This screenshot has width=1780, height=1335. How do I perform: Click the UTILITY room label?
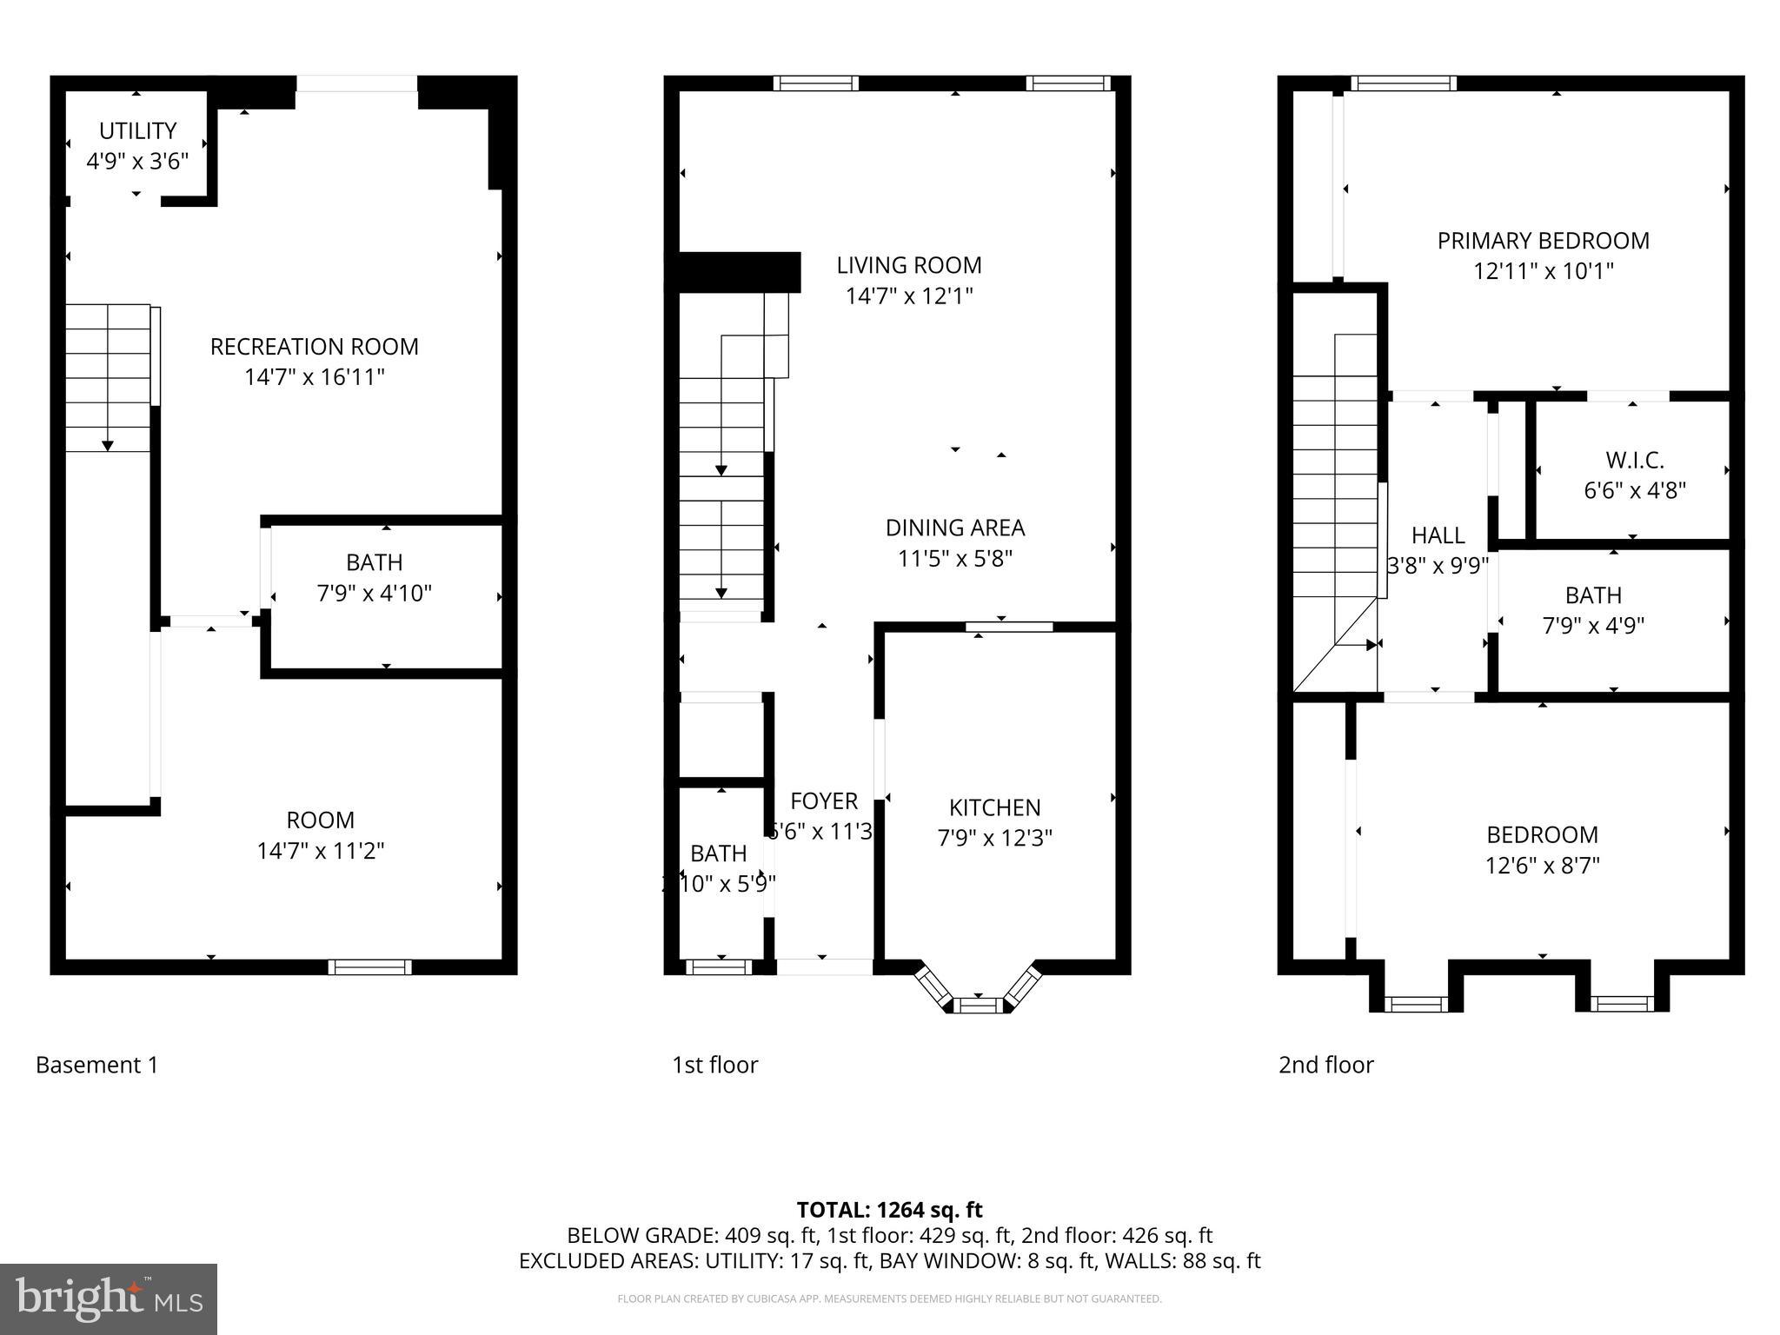click(x=137, y=131)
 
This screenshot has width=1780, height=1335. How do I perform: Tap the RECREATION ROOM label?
click(x=314, y=347)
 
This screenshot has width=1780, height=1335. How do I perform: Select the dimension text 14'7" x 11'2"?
click(x=320, y=851)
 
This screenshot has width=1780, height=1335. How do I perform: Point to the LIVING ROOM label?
click(x=908, y=265)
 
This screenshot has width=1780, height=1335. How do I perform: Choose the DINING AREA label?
click(x=954, y=528)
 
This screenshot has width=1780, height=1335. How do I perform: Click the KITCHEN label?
click(x=994, y=807)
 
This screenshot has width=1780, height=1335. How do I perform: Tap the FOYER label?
click(x=823, y=800)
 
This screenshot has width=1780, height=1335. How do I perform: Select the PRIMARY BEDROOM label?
click(x=1543, y=241)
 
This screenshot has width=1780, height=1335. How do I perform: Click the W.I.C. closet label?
click(x=1634, y=460)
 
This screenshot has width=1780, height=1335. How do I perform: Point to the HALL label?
click(x=1438, y=535)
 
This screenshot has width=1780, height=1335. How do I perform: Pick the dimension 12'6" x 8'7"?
click(x=1542, y=866)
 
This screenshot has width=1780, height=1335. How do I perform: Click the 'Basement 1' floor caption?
click(x=96, y=1065)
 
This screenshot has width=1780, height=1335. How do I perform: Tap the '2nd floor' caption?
click(x=1325, y=1065)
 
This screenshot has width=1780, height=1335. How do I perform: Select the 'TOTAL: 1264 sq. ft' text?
click(x=889, y=1210)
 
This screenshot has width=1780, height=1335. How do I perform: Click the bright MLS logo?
click(x=108, y=1298)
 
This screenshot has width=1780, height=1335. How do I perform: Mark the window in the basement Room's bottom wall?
click(x=369, y=966)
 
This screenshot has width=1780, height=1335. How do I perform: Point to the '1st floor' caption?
click(x=714, y=1065)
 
